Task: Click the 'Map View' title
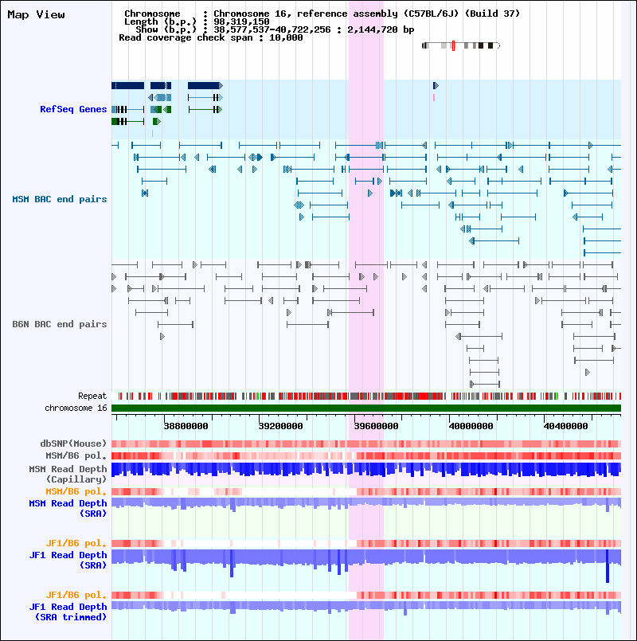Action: [x=36, y=14]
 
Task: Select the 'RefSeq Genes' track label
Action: [x=73, y=109]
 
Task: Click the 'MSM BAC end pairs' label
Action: [x=60, y=199]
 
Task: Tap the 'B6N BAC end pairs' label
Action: [x=60, y=324]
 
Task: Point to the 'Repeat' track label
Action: [x=92, y=396]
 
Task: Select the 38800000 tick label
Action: [x=186, y=426]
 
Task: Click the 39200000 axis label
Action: [x=281, y=426]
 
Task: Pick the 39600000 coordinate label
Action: [x=376, y=426]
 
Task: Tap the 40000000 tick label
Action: [x=471, y=426]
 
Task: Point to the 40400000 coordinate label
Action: [x=566, y=426]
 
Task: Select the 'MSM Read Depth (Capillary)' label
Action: [x=68, y=475]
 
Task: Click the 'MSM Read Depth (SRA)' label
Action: [x=68, y=508]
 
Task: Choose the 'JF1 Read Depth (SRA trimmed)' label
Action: [x=68, y=612]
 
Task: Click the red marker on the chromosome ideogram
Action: [x=453, y=45]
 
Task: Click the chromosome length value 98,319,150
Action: [x=241, y=21]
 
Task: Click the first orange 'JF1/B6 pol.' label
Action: [x=76, y=543]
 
